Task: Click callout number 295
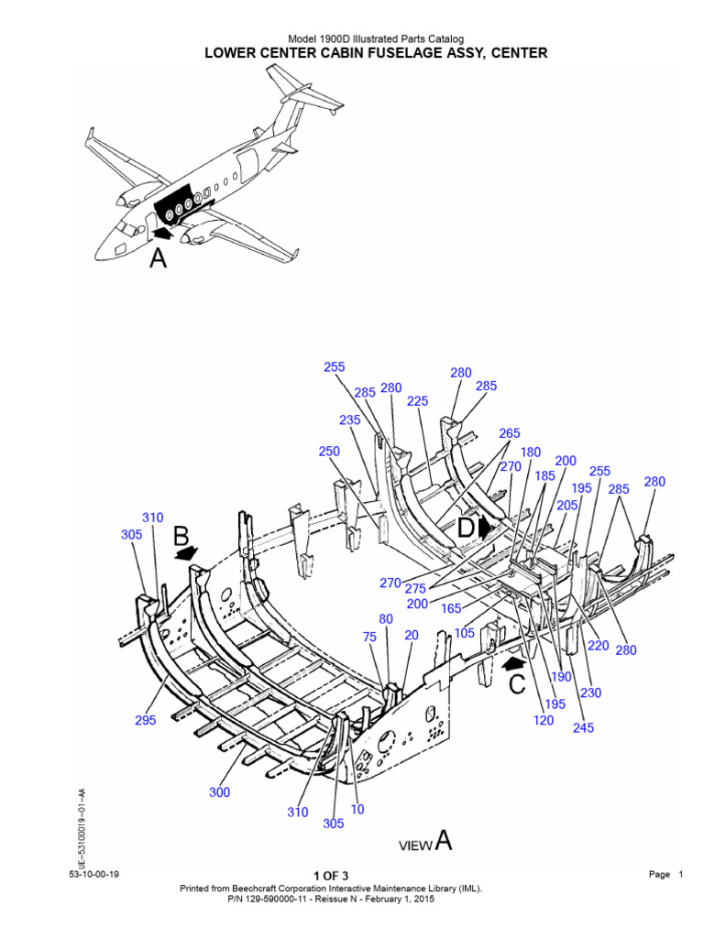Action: coord(147,720)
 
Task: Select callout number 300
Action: coord(219,792)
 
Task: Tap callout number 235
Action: coord(350,420)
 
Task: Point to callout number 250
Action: coord(329,452)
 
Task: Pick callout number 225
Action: coord(417,400)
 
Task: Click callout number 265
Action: coord(510,433)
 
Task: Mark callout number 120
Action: coord(544,720)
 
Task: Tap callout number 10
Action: coord(357,809)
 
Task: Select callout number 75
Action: coord(369,638)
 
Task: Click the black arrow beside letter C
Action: coord(515,659)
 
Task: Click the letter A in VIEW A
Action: coord(443,841)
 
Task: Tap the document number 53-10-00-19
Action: coord(93,875)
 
